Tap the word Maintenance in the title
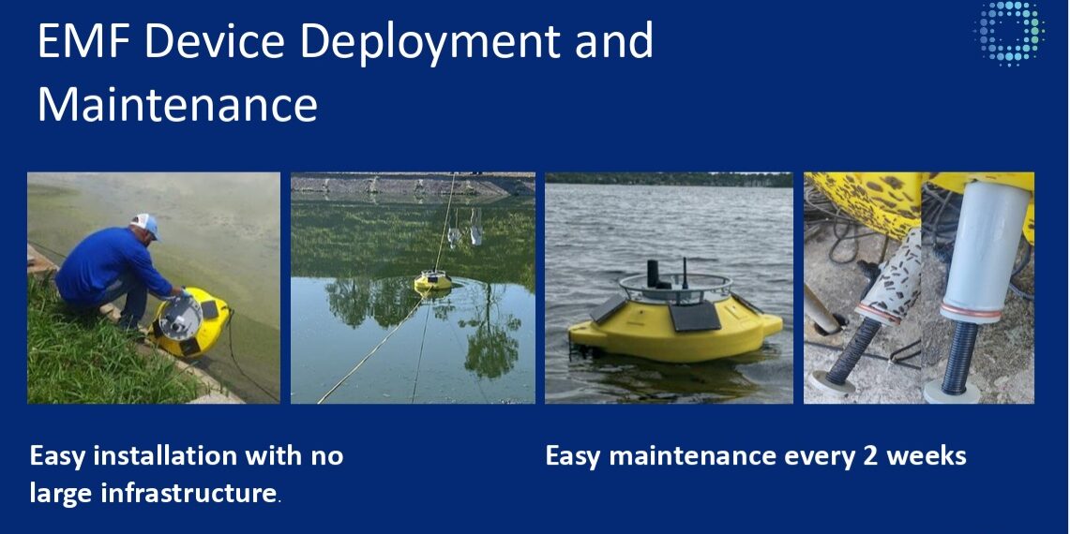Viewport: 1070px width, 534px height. [177, 104]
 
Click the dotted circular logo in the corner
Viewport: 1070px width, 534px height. [1009, 34]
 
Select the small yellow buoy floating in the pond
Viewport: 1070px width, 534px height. [433, 279]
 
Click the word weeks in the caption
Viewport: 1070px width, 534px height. [927, 456]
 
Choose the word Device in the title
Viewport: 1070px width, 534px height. [200, 42]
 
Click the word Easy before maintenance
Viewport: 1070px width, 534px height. [573, 456]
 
